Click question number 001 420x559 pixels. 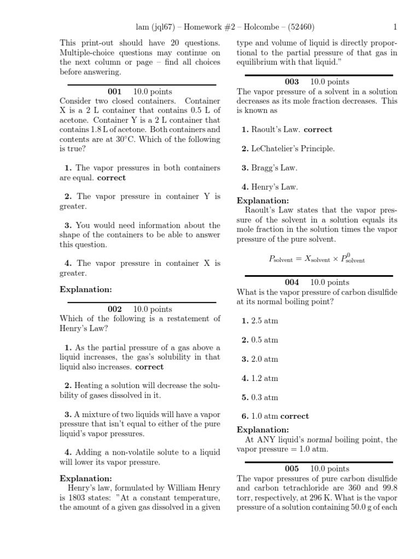114,92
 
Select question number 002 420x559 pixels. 114,309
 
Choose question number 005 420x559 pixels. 292,469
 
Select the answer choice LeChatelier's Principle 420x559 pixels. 288,148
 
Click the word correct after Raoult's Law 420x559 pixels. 318,129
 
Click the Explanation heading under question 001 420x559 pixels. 86,289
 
